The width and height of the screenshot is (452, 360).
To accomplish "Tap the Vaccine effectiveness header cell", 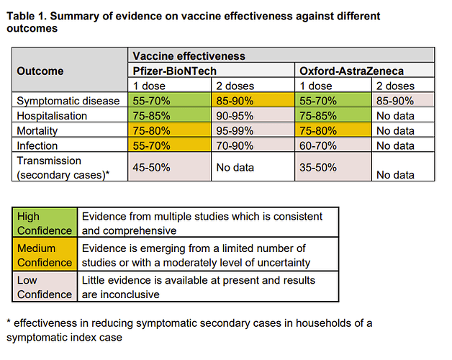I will [x=189, y=55].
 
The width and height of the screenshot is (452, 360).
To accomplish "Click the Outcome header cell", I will [x=40, y=71].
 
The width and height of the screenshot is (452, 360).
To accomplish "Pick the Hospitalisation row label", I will [x=52, y=116].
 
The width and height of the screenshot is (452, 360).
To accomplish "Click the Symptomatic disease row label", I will [x=68, y=101].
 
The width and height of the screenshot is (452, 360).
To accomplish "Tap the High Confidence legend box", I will [x=45, y=223].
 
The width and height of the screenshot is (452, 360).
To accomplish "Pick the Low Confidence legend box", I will [x=45, y=287].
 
